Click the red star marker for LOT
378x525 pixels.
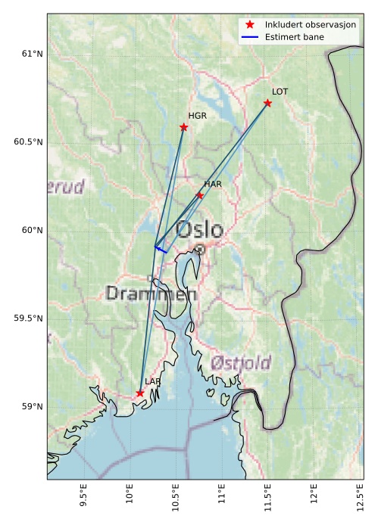tap(267, 103)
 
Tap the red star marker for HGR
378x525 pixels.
tap(184, 127)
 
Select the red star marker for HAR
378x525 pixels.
tap(200, 195)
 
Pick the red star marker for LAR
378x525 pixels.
tap(140, 393)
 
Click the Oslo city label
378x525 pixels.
tap(199, 230)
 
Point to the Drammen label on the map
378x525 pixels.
tap(151, 294)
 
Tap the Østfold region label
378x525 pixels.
tap(241, 362)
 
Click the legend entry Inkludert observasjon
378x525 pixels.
tap(310, 25)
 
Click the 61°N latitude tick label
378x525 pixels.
tap(32, 54)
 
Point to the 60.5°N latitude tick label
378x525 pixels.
tap(29, 142)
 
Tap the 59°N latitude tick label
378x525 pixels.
tap(32, 407)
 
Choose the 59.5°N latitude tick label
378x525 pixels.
tap(29, 318)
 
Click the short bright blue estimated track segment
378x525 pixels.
tap(161, 250)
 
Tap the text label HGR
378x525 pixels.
tap(197, 116)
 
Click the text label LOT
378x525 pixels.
tap(280, 92)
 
